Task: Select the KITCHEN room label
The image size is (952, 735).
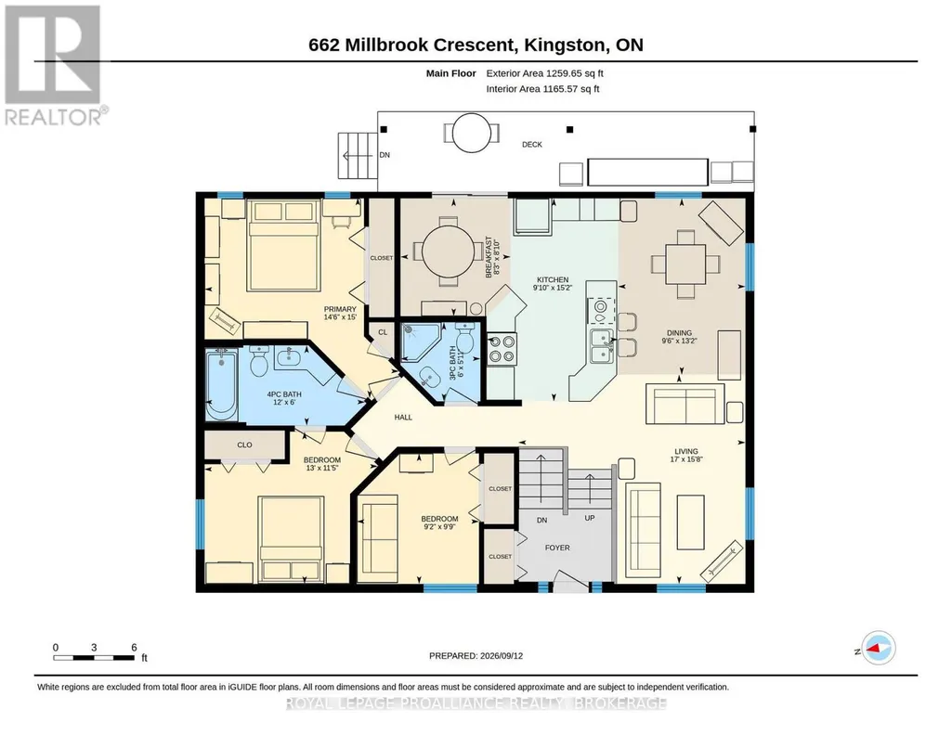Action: tap(552, 279)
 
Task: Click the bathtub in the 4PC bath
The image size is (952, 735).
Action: tap(221, 385)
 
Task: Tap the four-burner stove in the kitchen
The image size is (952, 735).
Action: tap(502, 349)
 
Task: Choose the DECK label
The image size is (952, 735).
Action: tap(532, 145)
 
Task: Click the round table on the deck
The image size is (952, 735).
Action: tap(472, 132)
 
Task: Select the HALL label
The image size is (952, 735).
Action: tap(403, 418)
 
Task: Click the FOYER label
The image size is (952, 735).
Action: tap(557, 548)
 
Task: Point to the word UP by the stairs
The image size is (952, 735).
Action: tap(590, 518)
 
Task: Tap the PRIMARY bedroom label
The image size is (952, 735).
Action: tap(340, 309)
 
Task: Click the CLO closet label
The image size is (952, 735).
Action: tap(244, 445)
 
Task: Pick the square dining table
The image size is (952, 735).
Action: tap(685, 264)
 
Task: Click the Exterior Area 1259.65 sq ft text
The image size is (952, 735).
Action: tap(544, 73)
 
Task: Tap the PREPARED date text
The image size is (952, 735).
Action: tap(476, 655)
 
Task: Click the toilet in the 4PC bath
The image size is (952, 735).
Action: tap(259, 361)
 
